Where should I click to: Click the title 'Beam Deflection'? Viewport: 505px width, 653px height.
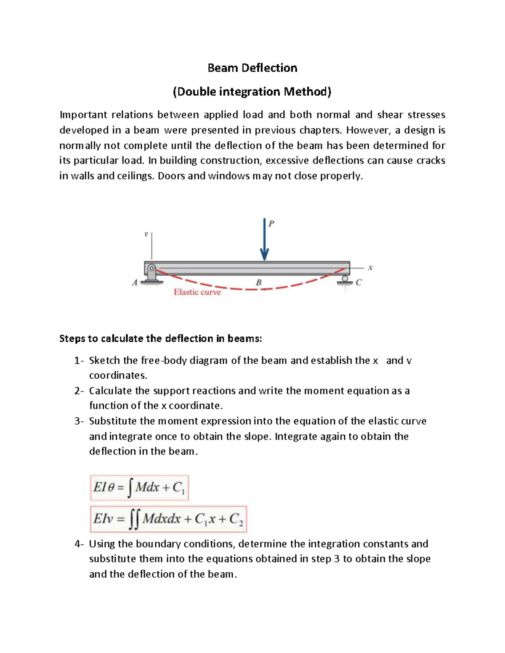252,68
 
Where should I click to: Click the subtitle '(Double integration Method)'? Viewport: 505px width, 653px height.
252,92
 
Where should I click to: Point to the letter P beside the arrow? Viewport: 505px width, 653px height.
271,224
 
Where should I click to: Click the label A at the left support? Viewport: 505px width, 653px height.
135,283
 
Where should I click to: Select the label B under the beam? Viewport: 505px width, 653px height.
259,283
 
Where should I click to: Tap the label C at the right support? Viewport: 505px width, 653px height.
359,283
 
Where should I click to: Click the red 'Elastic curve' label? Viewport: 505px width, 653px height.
197,292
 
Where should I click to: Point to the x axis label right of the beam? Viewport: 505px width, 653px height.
370,267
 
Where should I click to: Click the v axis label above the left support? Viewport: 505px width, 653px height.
146,234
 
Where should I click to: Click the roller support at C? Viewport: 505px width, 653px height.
345,280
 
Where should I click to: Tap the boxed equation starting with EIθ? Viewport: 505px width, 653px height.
139,488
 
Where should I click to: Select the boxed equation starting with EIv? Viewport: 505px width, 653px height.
168,519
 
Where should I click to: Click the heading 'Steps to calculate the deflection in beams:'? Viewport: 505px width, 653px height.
160,339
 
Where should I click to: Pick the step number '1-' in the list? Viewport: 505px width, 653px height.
79,361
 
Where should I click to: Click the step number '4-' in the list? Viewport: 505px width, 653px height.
79,544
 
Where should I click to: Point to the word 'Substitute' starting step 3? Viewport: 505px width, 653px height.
113,421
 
